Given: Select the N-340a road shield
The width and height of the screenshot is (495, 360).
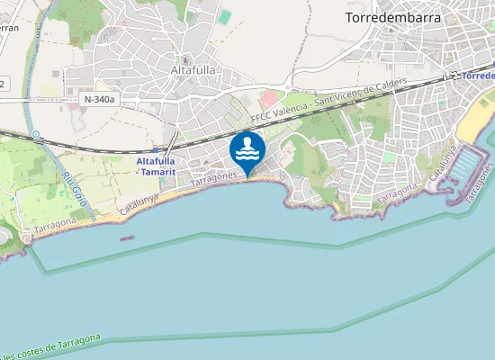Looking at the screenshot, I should tap(100, 99).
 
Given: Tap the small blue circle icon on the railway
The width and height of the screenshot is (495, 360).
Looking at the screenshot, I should tap(36, 136).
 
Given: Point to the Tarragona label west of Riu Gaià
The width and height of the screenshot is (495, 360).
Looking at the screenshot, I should tap(57, 225).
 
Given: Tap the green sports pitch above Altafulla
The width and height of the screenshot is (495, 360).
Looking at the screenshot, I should tap(224, 17).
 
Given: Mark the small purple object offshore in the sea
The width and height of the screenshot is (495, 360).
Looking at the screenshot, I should tap(126, 238).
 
